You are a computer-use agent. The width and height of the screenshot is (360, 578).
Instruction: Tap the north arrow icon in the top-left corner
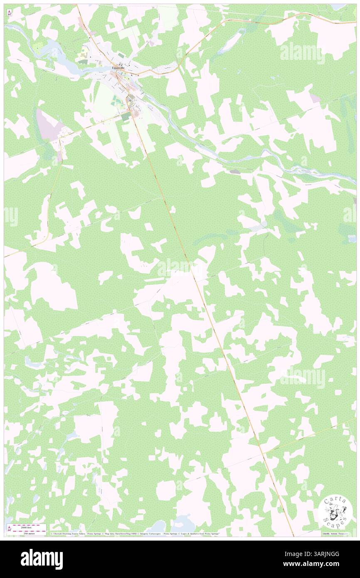point(10,12)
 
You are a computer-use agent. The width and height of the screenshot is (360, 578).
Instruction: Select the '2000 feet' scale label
point(28,525)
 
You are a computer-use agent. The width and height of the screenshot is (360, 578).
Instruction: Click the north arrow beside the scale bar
point(10,529)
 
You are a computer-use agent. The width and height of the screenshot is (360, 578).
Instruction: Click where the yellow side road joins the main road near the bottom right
point(262,453)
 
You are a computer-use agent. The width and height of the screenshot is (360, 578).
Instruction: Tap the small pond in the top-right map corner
point(338,7)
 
